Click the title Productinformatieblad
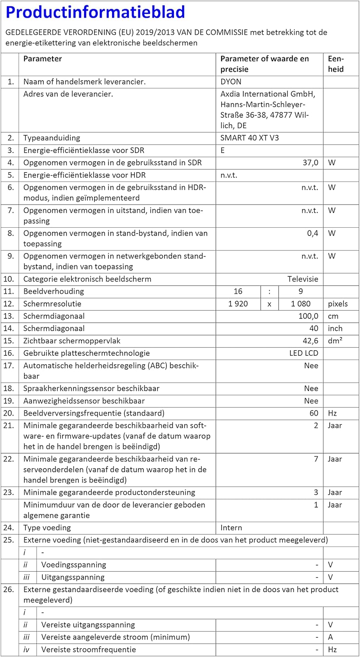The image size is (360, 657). point(95,12)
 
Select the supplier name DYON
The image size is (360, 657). point(231,81)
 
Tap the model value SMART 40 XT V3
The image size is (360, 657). point(250,138)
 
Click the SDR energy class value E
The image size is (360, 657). point(223,150)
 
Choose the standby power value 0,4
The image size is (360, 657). point(312,233)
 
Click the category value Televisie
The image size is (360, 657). point(303,279)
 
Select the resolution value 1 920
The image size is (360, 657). point(238,304)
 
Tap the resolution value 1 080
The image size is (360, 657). point(300,304)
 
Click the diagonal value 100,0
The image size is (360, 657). point(308,316)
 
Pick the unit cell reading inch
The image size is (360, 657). point(335,328)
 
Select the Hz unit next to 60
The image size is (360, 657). point(332,413)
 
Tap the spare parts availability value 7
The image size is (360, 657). point(316,459)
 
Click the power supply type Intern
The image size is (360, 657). point(231,528)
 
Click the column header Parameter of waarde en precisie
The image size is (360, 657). point(265,64)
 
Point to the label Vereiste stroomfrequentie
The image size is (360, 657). point(88,650)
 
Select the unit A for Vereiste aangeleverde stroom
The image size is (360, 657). point(331,637)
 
